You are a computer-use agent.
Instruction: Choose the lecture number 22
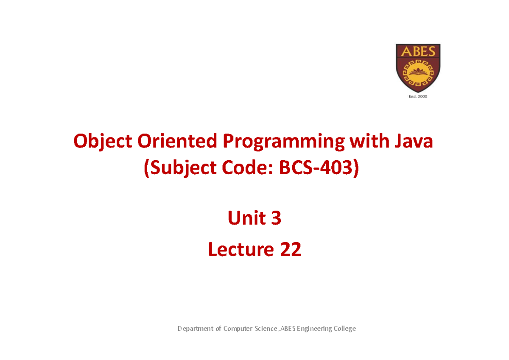(290, 250)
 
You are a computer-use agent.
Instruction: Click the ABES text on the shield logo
(418, 52)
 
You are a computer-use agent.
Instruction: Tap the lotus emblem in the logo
(418, 70)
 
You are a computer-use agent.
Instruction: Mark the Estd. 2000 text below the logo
(418, 97)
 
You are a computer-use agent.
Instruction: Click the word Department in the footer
(196, 329)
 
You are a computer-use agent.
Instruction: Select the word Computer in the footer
(238, 329)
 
